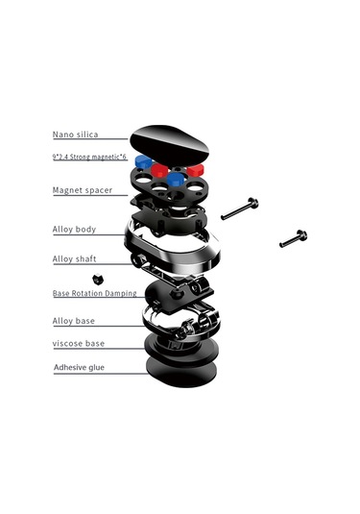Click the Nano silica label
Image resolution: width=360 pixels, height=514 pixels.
[x=75, y=135]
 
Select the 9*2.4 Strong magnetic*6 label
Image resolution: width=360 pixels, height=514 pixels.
[x=89, y=157]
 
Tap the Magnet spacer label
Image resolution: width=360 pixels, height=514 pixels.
[x=83, y=190]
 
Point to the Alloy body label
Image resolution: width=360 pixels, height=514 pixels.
[x=74, y=229]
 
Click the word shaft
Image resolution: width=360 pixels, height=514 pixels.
[x=86, y=259]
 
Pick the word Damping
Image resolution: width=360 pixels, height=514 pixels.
[x=122, y=293]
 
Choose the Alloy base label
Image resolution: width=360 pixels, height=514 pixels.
[x=74, y=321]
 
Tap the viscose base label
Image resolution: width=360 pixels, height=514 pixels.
[x=79, y=344]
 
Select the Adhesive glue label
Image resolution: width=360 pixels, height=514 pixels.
[x=80, y=367]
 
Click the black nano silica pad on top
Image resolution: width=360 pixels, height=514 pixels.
[x=169, y=144]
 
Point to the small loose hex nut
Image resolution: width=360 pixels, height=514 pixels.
[x=98, y=279]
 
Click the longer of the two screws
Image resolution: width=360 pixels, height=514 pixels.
[x=240, y=208]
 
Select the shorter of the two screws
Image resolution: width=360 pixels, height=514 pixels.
[x=294, y=238]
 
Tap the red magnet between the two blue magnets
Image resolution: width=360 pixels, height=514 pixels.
[x=159, y=170]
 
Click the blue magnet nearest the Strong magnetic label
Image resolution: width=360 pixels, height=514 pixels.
[x=143, y=162]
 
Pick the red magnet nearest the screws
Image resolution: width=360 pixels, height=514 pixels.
[x=196, y=170]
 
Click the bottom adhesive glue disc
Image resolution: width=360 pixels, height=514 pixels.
[x=181, y=372]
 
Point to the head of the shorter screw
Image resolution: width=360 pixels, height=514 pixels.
[x=301, y=235]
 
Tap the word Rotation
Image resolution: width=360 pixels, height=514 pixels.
[x=87, y=293]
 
